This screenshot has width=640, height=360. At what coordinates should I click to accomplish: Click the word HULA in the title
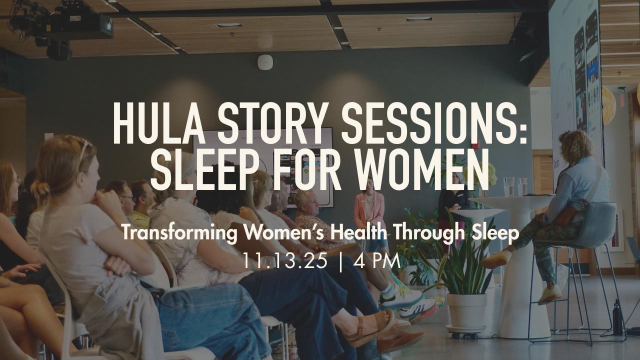coord(159,123)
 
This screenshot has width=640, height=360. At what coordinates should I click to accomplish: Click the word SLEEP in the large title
coord(205,169)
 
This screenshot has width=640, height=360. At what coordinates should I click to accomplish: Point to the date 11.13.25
coord(285,260)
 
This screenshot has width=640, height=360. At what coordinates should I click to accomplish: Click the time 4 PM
coord(376,260)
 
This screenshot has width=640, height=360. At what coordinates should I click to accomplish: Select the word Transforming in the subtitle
coord(179,233)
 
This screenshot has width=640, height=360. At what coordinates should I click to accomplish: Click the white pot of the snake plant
coord(467,311)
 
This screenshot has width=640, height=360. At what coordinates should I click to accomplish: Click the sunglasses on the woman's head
coord(84,148)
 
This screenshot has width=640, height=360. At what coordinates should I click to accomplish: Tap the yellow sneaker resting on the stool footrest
coord(497,259)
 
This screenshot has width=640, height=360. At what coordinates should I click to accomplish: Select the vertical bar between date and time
coord(340,261)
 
